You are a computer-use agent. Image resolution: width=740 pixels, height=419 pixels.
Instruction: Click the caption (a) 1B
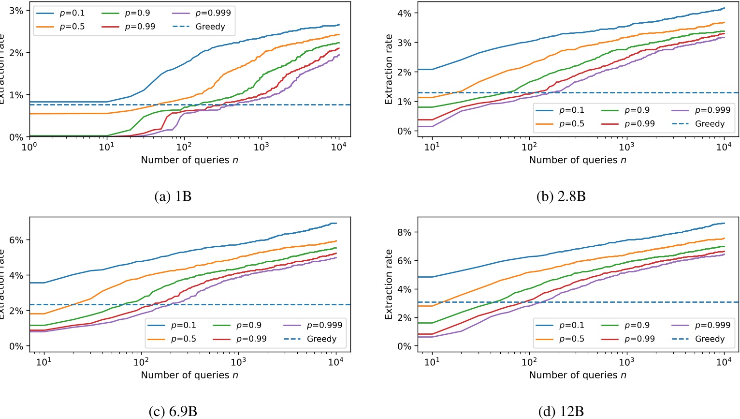[x=173, y=196]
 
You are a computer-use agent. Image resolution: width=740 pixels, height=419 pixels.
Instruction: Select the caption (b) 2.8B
[x=561, y=196]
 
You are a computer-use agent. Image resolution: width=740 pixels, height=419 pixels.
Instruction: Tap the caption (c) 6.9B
[x=173, y=412]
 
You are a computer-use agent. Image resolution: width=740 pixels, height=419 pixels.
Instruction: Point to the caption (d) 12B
[x=561, y=412]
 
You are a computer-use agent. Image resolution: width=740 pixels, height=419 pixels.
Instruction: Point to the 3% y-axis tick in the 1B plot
[x=16, y=11]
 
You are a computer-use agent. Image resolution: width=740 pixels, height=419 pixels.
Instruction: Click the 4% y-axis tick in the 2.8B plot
[x=404, y=14]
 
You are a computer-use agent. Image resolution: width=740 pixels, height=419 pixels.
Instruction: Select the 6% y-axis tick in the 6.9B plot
[x=16, y=240]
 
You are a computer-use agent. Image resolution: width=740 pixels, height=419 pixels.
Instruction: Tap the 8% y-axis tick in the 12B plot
[x=404, y=232]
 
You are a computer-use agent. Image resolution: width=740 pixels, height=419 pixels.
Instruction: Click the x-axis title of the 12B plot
[x=577, y=375]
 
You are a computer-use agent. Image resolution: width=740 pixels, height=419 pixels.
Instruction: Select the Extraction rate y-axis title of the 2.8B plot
[x=389, y=69]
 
